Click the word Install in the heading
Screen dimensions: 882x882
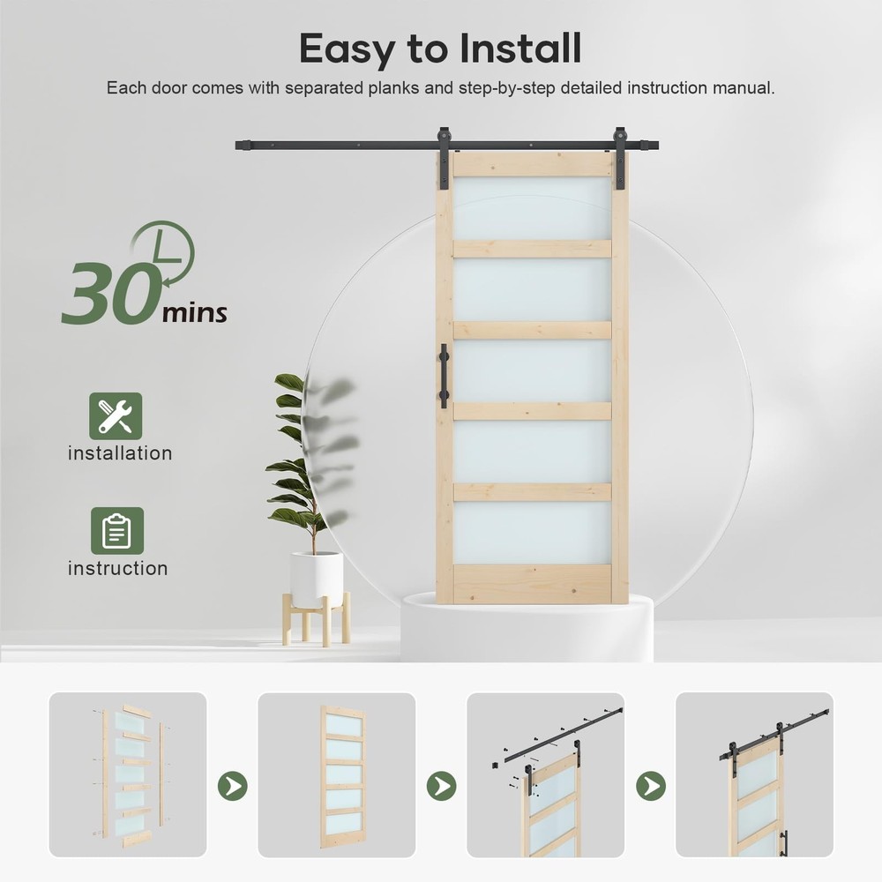[520, 49]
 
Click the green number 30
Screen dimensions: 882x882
[108, 294]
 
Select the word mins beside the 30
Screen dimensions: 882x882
[195, 313]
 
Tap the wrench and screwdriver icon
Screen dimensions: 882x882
[116, 416]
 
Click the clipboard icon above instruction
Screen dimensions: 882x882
[117, 531]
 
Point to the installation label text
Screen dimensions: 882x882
[120, 453]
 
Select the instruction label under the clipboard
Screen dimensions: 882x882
[117, 568]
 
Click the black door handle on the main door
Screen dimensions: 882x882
[444, 377]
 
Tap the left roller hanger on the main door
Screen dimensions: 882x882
[444, 158]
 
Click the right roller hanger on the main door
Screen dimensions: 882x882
[620, 158]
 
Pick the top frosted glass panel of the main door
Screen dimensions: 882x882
[532, 209]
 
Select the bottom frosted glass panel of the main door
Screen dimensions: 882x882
[532, 533]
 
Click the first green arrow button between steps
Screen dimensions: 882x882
[233, 786]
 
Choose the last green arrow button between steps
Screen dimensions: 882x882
[651, 786]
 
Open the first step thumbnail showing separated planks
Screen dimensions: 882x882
[128, 774]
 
